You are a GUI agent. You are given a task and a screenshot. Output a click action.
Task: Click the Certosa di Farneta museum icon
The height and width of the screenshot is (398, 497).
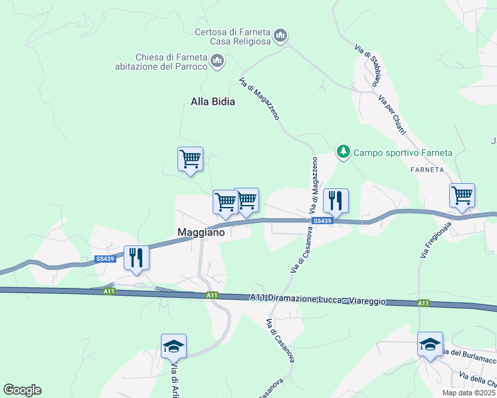[280, 35]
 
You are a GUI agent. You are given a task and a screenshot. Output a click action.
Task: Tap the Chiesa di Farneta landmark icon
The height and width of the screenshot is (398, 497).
[217, 62]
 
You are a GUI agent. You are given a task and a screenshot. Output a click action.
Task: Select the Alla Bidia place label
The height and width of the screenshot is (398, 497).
[213, 102]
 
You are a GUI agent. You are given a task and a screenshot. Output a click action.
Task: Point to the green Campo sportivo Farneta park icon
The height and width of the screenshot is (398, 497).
[343, 152]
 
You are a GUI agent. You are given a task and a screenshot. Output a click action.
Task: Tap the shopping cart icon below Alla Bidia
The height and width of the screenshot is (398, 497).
[190, 159]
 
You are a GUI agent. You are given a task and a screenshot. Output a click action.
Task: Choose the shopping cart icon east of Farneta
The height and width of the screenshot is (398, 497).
[462, 196]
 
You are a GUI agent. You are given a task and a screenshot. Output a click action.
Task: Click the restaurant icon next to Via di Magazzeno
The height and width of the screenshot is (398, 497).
[336, 201]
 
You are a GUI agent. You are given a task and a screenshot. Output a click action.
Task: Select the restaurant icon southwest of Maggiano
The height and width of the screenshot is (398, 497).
[136, 257]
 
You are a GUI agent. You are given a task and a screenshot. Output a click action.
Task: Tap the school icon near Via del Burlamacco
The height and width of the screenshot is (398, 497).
[430, 344]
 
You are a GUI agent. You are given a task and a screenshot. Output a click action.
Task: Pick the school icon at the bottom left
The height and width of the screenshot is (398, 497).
[173, 346]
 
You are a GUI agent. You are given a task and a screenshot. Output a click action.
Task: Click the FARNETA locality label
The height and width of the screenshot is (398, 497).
[427, 170]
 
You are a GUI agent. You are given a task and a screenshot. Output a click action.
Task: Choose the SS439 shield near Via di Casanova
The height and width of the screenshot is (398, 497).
[321, 221]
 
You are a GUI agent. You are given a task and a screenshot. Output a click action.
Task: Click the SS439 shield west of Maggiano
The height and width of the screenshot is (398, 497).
[105, 259]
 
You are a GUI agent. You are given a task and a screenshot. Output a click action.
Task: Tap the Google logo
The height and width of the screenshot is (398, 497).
[22, 390]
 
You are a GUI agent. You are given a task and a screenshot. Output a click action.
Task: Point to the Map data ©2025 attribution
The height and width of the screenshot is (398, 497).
[468, 393]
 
